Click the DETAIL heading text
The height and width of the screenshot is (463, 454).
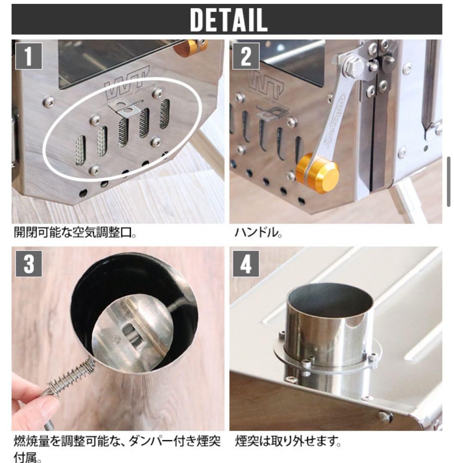coord(228,19)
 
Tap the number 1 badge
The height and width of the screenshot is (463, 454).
coord(29,56)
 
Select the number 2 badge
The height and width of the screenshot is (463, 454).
coord(246,56)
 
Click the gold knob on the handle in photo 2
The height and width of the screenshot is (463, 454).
coord(318,173)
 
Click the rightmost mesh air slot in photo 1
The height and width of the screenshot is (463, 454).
coord(164,114)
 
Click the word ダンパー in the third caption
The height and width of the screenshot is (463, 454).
coord(149,442)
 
